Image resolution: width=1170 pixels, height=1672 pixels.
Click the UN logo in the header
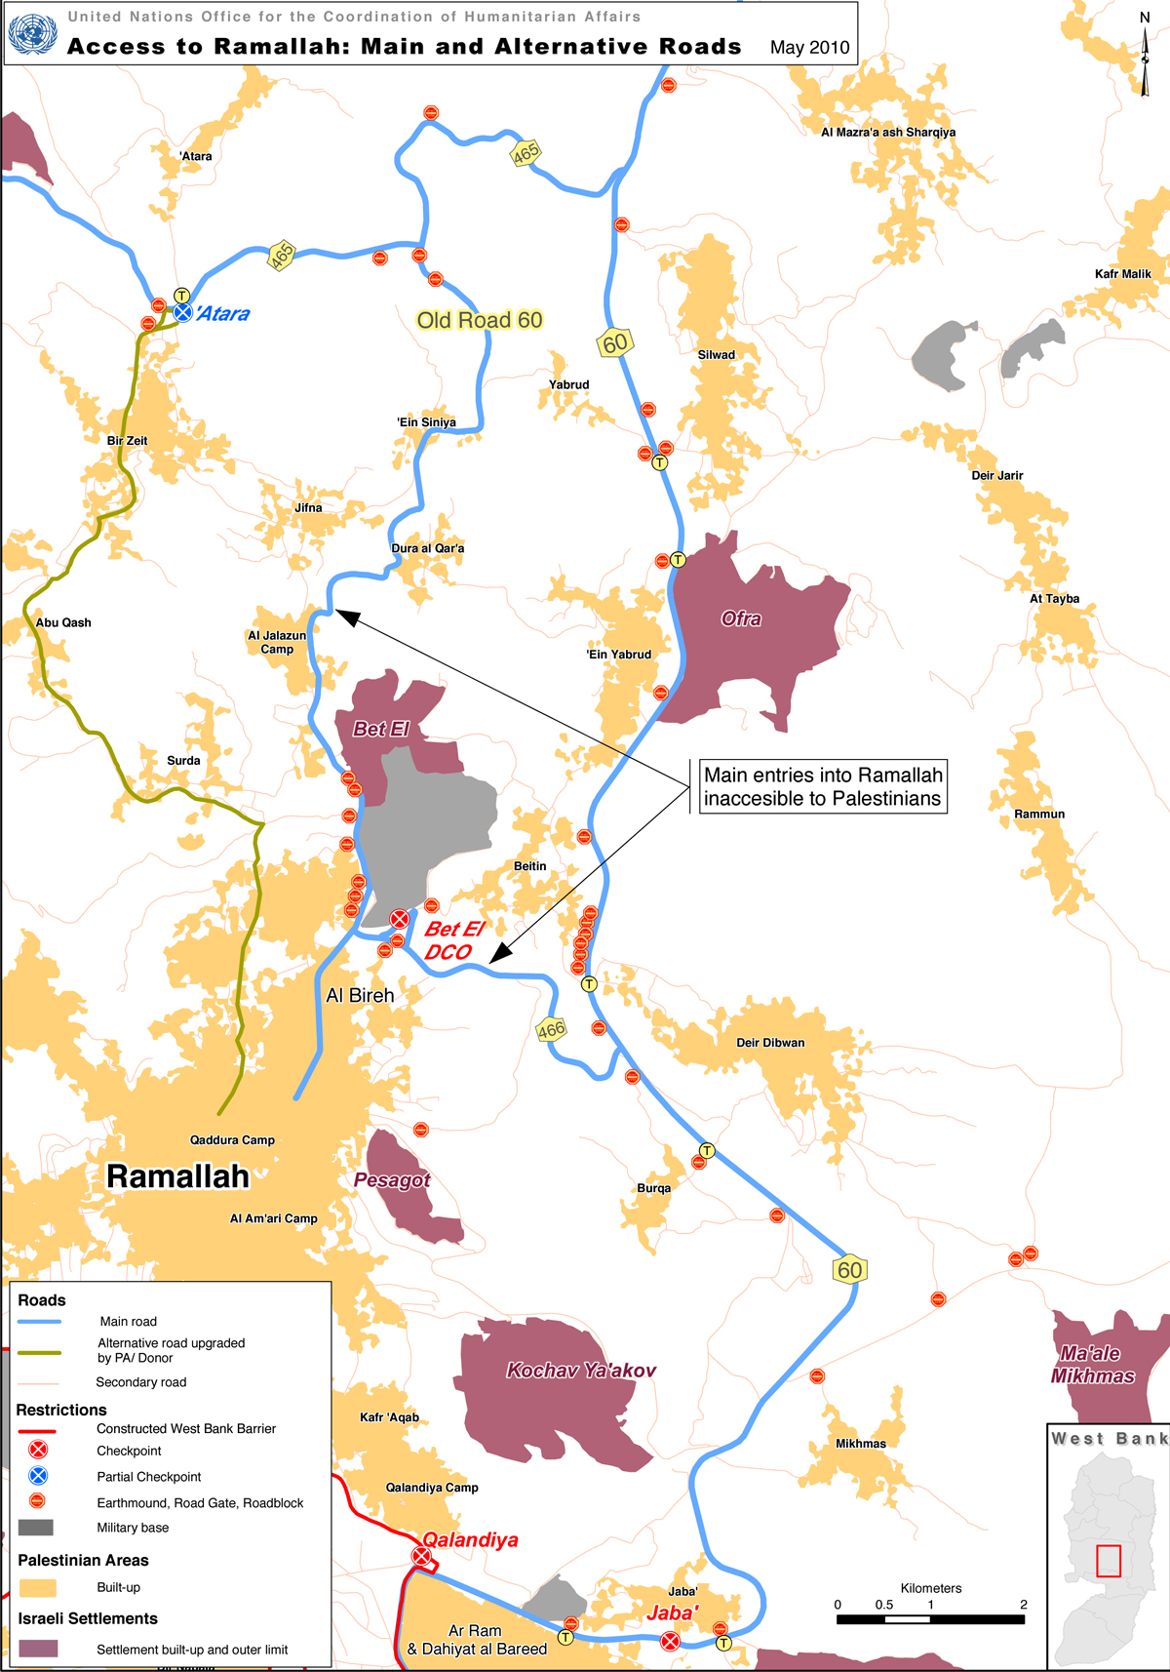click(x=32, y=33)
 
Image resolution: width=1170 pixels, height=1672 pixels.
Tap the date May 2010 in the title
click(x=809, y=47)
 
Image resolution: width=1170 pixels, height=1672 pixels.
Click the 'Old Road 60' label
click(x=479, y=320)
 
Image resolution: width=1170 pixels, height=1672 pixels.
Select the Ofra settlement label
click(x=741, y=618)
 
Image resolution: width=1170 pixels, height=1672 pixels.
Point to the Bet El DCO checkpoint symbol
click(x=400, y=919)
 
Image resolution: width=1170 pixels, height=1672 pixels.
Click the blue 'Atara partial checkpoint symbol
click(x=182, y=312)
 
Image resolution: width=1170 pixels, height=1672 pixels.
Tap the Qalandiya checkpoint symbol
click(x=421, y=1557)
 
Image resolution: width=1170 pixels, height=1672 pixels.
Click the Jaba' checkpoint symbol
click(x=670, y=1642)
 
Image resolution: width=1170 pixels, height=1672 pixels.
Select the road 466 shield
click(x=551, y=1029)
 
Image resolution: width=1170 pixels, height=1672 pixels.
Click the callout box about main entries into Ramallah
click(x=823, y=786)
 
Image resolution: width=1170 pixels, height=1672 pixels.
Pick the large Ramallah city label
click(x=177, y=1176)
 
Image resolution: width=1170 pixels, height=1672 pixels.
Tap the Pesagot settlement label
click(x=392, y=1180)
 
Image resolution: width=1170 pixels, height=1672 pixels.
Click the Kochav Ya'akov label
click(x=581, y=1371)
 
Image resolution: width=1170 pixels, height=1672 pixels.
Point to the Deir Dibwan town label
click(x=770, y=1043)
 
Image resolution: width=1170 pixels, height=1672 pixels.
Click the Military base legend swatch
click(x=36, y=1528)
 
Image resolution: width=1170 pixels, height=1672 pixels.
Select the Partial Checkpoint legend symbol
click(x=38, y=1476)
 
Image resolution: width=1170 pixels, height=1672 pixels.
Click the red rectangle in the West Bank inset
click(x=1109, y=1561)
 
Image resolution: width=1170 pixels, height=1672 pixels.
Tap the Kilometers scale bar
click(x=930, y=1619)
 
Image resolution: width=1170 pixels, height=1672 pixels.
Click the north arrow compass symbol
click(x=1146, y=59)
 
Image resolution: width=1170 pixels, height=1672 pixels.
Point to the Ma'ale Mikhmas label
click(x=1092, y=1365)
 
